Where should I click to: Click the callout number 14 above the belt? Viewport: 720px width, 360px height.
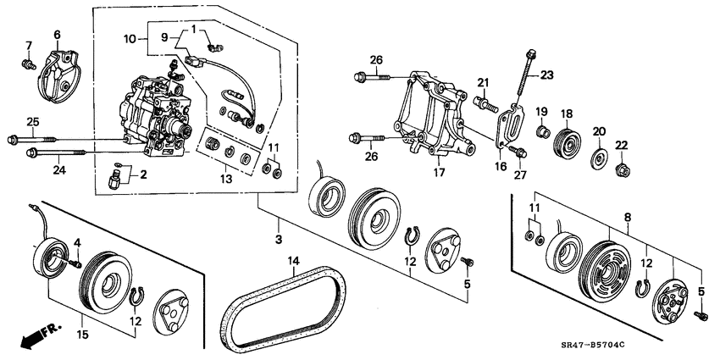coord(294,260)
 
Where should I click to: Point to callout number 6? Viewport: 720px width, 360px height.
coord(58,34)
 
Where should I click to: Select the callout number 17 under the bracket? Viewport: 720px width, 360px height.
coord(439,174)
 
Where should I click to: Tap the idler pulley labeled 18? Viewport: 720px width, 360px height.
coord(566,143)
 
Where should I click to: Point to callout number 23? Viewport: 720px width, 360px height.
coord(546,75)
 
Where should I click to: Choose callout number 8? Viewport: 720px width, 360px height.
coord(628,219)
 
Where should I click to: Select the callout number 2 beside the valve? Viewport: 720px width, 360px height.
coord(142,175)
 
